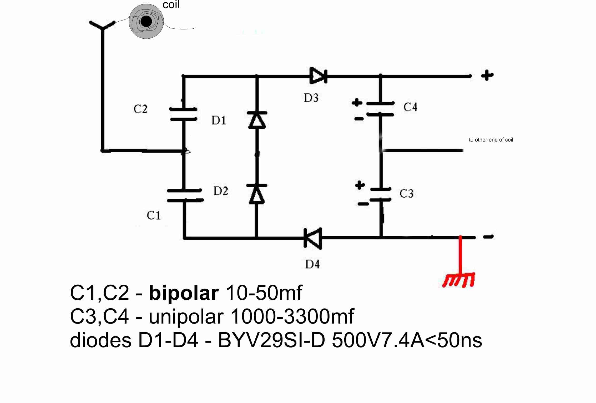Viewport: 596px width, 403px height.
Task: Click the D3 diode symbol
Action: pos(318,76)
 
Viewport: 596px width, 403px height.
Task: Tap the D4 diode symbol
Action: pos(313,238)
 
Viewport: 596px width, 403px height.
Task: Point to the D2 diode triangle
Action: pos(257,194)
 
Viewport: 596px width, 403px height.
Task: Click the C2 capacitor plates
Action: pos(183,114)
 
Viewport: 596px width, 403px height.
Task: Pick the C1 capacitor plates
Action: pos(185,195)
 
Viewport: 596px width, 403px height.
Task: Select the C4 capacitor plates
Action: pos(380,109)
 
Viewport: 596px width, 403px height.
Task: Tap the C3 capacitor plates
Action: pos(381,194)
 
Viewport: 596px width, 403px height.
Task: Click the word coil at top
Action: pos(171,4)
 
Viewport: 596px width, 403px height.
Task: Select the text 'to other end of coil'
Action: pos(491,140)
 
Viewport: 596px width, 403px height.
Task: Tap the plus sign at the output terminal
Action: pos(487,75)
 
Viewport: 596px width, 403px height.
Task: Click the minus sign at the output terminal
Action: pos(488,237)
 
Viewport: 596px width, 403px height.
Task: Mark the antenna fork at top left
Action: pos(102,25)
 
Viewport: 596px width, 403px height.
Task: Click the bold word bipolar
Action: pos(184,293)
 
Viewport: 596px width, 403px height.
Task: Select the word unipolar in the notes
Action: pos(186,317)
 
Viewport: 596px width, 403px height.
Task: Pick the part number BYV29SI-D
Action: pos(272,340)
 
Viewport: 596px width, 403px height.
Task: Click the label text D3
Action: pos(311,98)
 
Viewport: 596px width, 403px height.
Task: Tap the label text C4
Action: pos(410,107)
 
